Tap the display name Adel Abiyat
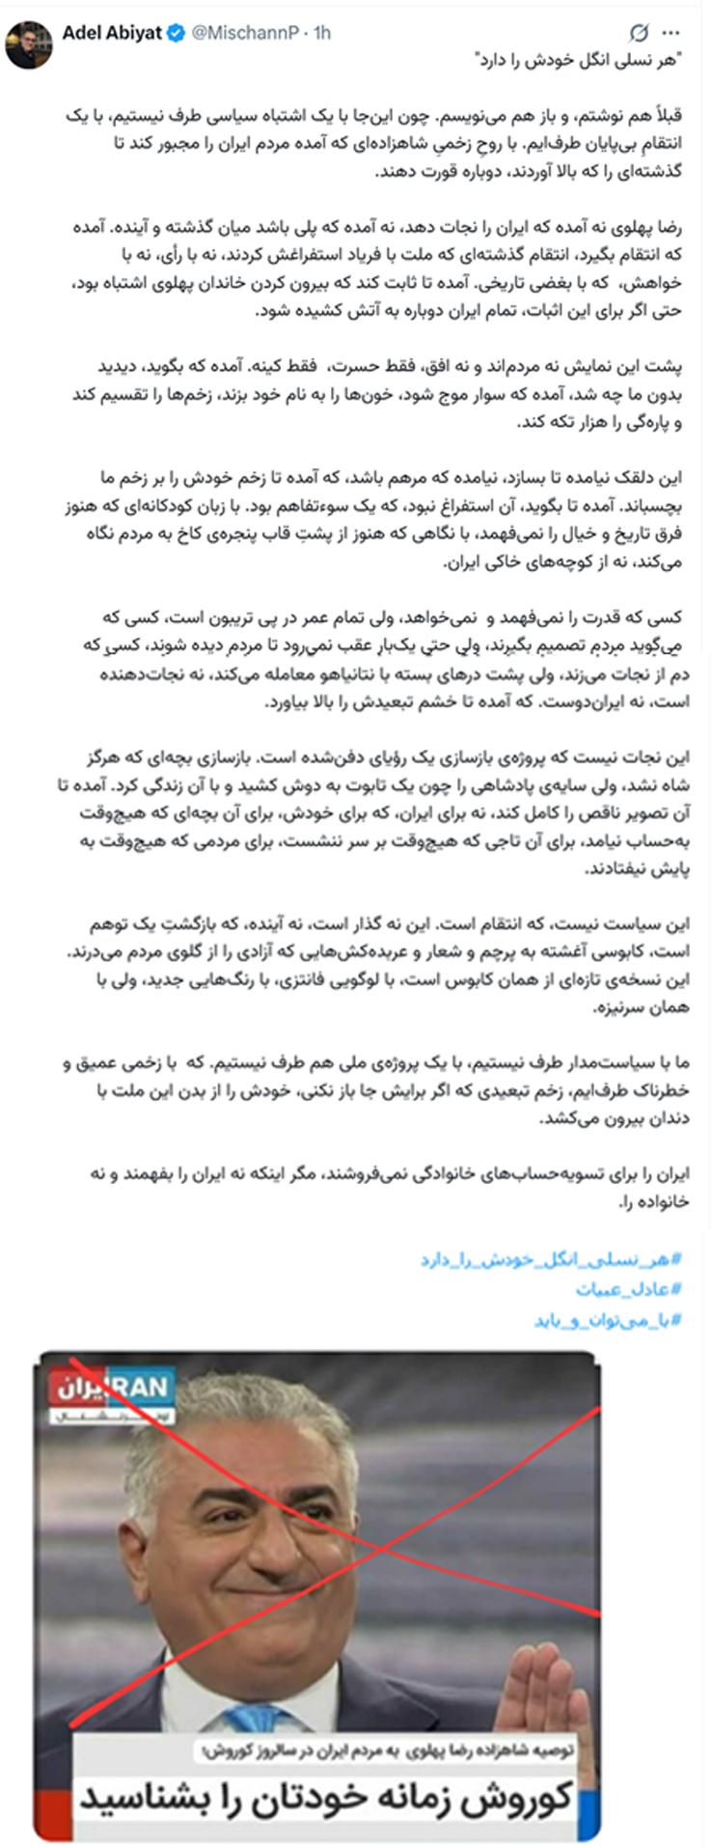pos(111,33)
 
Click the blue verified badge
pos(176,34)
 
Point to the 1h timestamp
pos(320,34)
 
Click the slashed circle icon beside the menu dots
pos(638,35)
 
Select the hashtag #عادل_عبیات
pos(629,1289)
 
